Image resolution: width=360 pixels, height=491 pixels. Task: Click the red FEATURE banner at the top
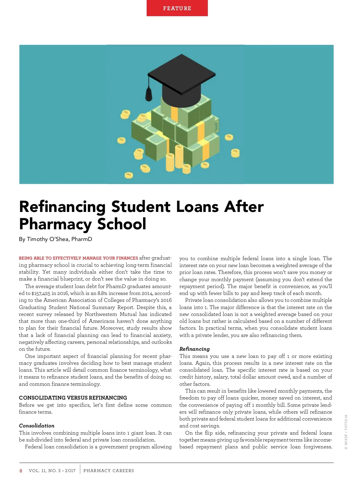(x=177, y=8)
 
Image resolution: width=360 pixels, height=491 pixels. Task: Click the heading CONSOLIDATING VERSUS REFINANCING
(x=73, y=398)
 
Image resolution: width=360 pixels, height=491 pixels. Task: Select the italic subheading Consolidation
(x=37, y=426)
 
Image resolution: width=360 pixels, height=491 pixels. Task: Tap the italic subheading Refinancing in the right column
(x=194, y=349)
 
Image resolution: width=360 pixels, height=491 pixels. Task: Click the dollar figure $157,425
(x=41, y=293)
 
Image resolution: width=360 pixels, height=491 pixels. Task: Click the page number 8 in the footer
(x=21, y=471)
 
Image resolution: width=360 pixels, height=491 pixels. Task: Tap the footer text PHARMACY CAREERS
(x=109, y=471)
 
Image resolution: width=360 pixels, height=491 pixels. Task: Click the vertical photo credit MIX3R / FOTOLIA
(x=346, y=432)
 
